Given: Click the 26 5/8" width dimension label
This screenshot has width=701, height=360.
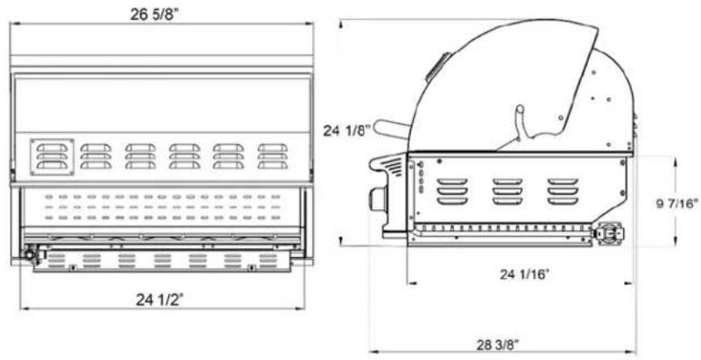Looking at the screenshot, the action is pyautogui.click(x=154, y=14).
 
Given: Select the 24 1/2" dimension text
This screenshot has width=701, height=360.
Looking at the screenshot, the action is pyautogui.click(x=160, y=299).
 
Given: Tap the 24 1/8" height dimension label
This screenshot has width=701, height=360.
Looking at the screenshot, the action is pyautogui.click(x=348, y=131).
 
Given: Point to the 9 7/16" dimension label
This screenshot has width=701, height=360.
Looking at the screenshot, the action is pyautogui.click(x=677, y=204).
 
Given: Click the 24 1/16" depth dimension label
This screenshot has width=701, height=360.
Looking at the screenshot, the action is pyautogui.click(x=524, y=274).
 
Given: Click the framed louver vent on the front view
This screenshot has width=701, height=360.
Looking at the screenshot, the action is pyautogui.click(x=52, y=157).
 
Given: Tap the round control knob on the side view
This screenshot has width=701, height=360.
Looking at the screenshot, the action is pyautogui.click(x=377, y=198).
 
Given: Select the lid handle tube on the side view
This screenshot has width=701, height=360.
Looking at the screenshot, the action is pyautogui.click(x=392, y=129).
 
